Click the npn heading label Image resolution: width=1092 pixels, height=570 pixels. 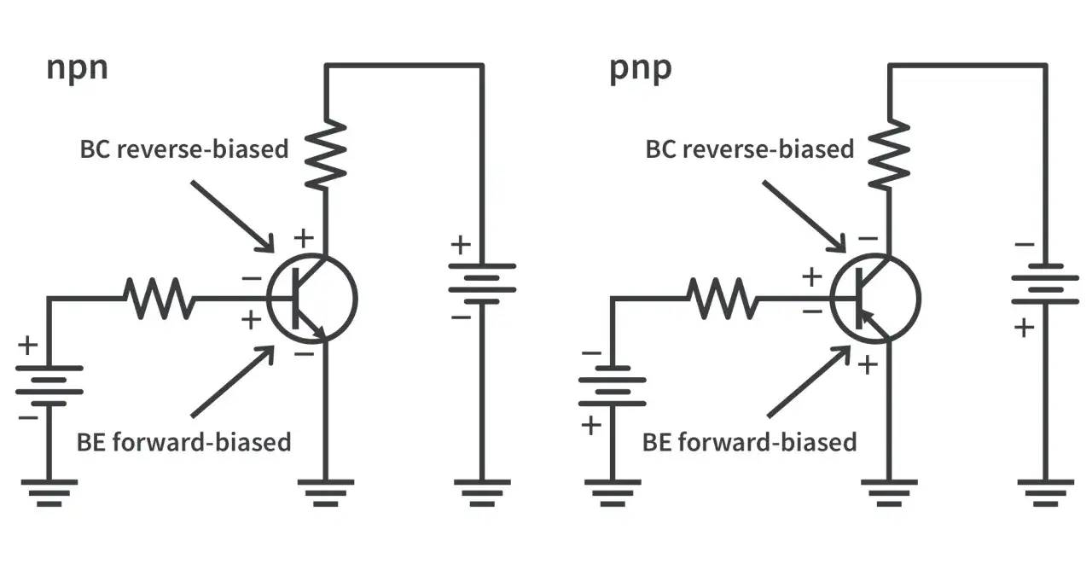(77, 69)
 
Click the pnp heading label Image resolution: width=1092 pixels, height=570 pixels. (641, 69)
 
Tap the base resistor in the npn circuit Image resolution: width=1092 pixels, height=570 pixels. (160, 299)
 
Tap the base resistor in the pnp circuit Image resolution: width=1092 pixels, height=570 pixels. (723, 299)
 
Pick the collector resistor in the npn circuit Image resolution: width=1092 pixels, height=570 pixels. (326, 154)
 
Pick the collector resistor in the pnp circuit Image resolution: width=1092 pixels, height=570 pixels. (889, 154)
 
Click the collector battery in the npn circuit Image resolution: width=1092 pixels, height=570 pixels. (482, 284)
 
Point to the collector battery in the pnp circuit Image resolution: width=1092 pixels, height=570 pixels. (1045, 284)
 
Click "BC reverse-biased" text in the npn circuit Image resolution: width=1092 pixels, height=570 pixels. (183, 149)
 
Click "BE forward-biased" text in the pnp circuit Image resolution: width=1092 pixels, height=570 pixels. (749, 442)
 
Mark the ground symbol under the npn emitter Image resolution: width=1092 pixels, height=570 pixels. (326, 493)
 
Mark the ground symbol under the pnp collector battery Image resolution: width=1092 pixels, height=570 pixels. (1045, 493)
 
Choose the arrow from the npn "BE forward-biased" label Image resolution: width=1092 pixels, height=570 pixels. (233, 381)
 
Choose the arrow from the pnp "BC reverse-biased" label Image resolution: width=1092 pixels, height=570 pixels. (804, 217)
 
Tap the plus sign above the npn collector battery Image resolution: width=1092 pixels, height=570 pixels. (461, 245)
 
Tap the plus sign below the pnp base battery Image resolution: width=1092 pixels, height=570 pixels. (591, 426)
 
